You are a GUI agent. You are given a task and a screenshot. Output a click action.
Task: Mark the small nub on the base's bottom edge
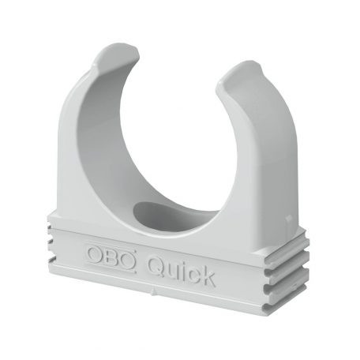[150, 298]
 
